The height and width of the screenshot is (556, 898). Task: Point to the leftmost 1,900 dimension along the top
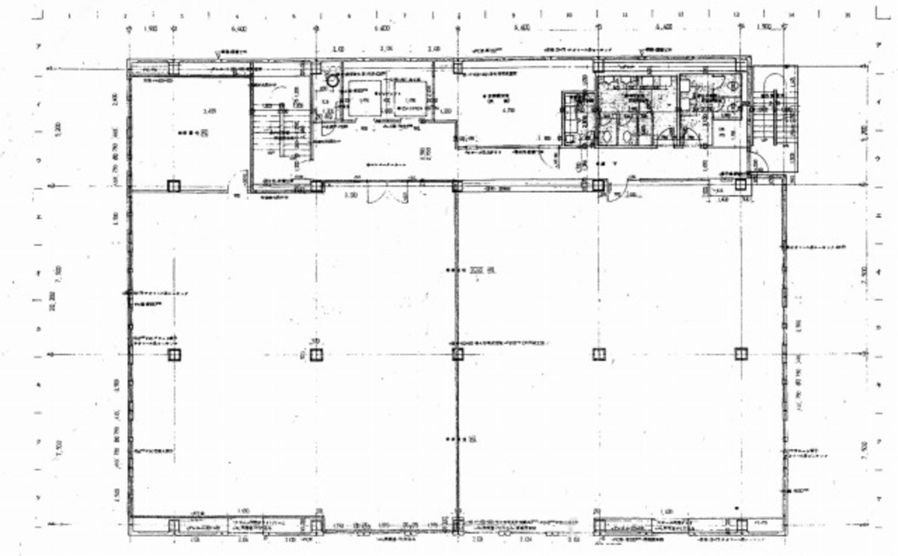[150, 28]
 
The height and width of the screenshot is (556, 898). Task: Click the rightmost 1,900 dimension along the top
[763, 28]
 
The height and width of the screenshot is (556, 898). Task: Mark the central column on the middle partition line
[458, 354]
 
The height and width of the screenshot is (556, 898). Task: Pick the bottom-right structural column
[741, 525]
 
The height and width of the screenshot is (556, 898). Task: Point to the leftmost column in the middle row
[174, 354]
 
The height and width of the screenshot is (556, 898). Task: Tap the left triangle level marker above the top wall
[217, 54]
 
